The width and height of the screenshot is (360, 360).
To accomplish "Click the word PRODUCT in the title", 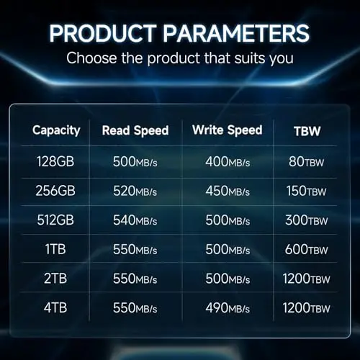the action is point(103,33).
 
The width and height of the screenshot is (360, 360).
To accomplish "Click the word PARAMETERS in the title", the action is point(236,33).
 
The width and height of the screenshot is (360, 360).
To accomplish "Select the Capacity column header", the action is point(56,131).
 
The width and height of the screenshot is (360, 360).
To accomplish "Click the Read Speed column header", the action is point(135,131).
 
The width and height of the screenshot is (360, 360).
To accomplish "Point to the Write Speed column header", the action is point(228,130).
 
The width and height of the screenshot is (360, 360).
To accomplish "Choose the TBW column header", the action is point(307,131).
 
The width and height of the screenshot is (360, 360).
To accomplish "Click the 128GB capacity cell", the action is point(55,161).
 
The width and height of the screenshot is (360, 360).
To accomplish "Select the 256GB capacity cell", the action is point(55,191).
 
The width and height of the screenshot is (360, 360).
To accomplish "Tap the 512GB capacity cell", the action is point(55,220).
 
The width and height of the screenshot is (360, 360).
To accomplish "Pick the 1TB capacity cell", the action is point(55,249).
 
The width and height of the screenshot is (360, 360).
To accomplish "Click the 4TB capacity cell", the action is point(55,307).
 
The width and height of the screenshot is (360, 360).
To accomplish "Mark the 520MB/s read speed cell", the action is point(135,191).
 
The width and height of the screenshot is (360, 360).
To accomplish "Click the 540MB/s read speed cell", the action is point(135,220).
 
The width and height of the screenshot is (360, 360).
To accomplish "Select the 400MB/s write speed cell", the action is point(228,161).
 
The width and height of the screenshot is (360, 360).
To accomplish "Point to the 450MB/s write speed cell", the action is point(228,191).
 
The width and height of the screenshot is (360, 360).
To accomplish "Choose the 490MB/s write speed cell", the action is point(228,308).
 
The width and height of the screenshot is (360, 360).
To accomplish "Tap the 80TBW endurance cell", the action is point(307,161).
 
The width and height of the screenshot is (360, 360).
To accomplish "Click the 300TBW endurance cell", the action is point(307,220).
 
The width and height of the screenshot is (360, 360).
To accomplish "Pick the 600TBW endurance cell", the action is point(307,249).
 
